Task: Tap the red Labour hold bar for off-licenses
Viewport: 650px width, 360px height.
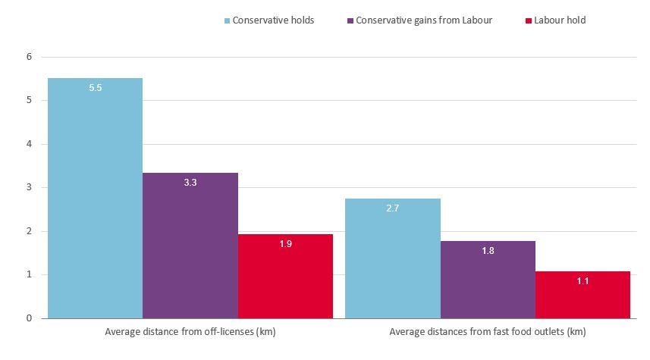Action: (285, 276)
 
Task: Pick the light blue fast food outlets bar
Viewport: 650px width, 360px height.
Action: (392, 258)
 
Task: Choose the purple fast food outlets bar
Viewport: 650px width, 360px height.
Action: (488, 280)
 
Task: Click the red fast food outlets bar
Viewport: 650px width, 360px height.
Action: (582, 295)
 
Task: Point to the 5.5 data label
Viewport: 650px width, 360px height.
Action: (95, 88)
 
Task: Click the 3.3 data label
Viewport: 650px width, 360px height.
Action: (190, 183)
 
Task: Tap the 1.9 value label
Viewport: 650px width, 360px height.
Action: (285, 244)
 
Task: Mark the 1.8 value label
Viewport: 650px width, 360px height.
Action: (488, 251)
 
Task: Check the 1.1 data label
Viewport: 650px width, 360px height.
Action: (582, 281)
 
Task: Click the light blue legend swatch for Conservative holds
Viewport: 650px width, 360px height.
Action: (226, 20)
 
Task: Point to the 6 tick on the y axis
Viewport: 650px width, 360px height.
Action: (29, 57)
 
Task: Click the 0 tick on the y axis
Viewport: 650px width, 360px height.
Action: (29, 318)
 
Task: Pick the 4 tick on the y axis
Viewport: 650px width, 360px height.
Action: (29, 144)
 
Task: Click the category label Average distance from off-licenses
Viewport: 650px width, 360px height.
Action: (190, 332)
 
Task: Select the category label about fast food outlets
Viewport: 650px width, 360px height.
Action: (487, 332)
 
